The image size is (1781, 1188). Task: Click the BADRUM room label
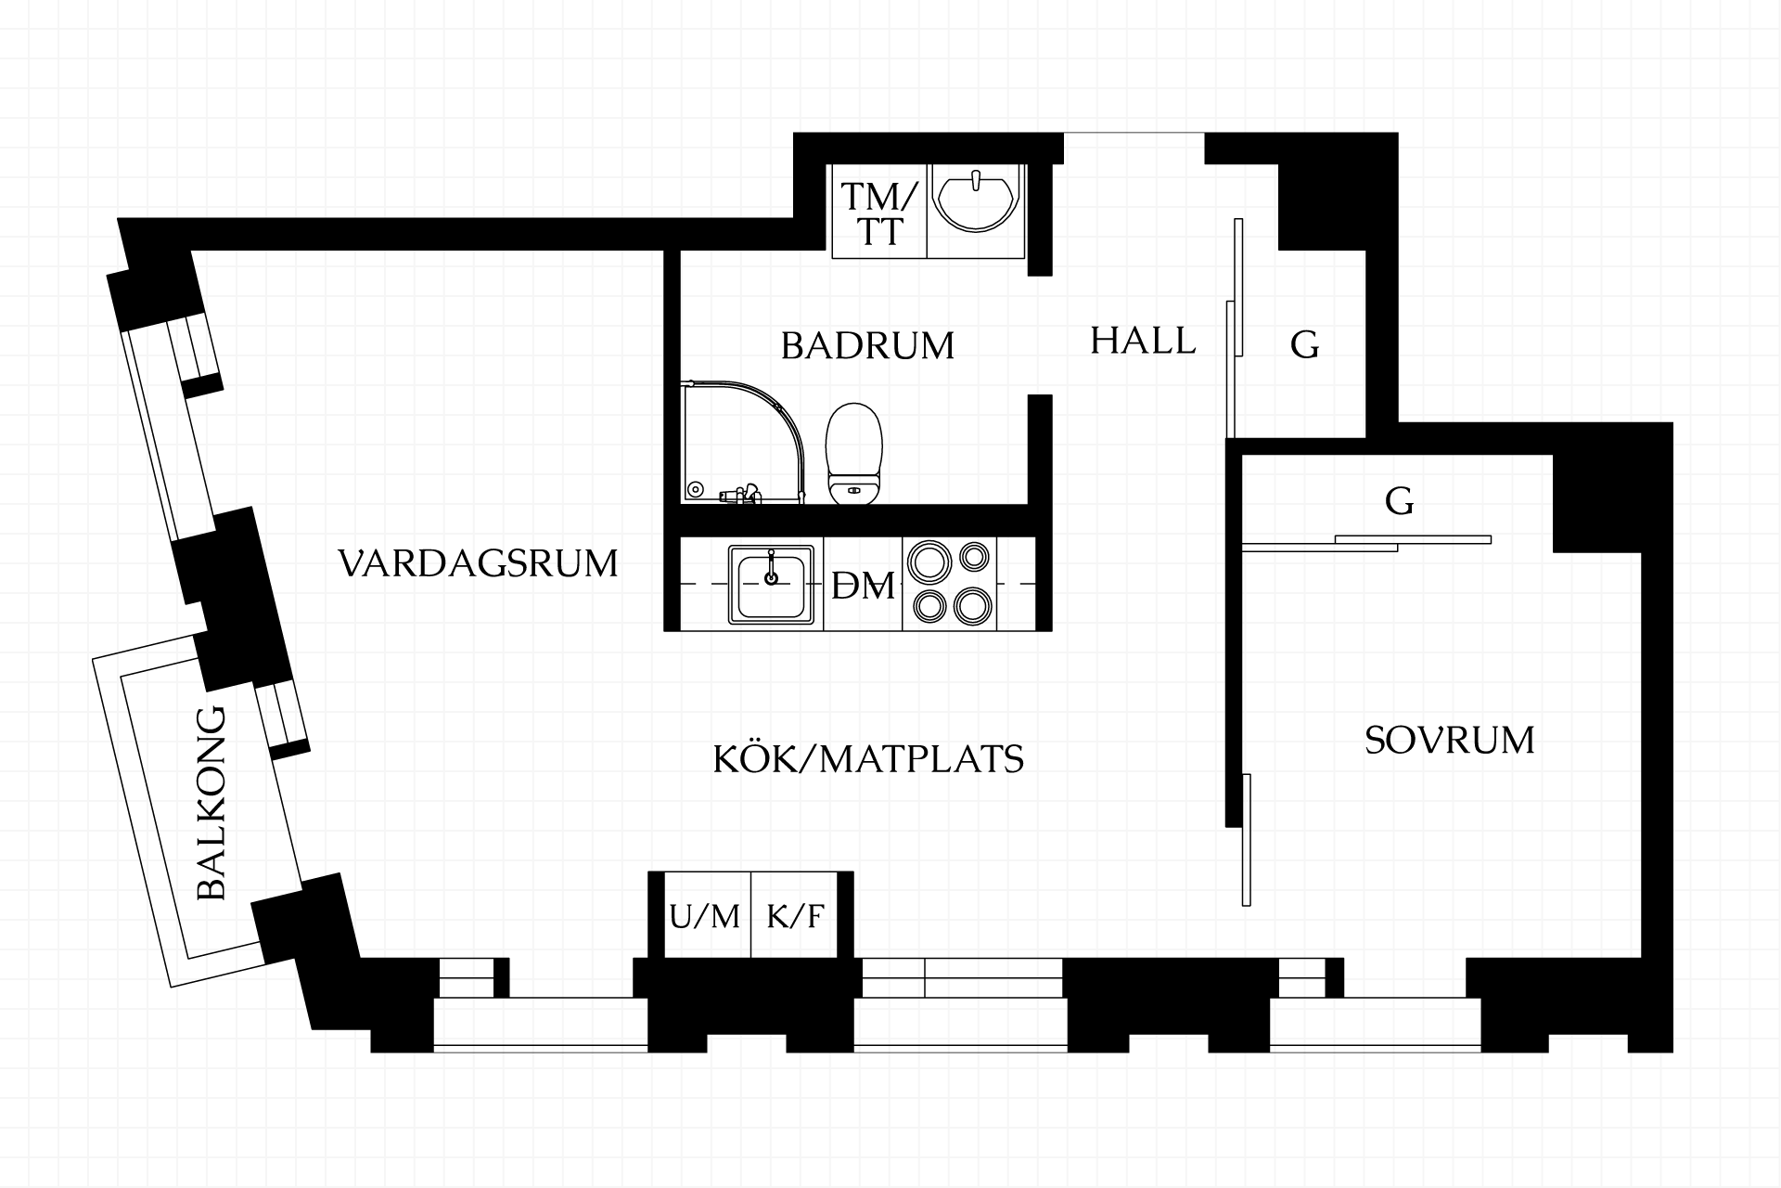(867, 345)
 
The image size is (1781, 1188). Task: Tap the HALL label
(1143, 341)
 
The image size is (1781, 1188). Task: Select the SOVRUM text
(1449, 740)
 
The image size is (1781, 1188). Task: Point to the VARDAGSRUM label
(478, 563)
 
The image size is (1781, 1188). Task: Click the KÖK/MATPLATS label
(868, 759)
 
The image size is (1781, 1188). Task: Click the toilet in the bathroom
(853, 454)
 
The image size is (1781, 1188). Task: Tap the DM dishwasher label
(863, 586)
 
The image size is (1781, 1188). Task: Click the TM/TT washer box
(878, 212)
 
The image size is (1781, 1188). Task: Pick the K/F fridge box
(795, 916)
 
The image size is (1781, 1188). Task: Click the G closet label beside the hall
(1304, 345)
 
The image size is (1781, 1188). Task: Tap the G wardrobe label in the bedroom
(1399, 501)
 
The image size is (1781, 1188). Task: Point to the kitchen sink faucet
(771, 568)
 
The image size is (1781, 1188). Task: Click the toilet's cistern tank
(853, 489)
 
